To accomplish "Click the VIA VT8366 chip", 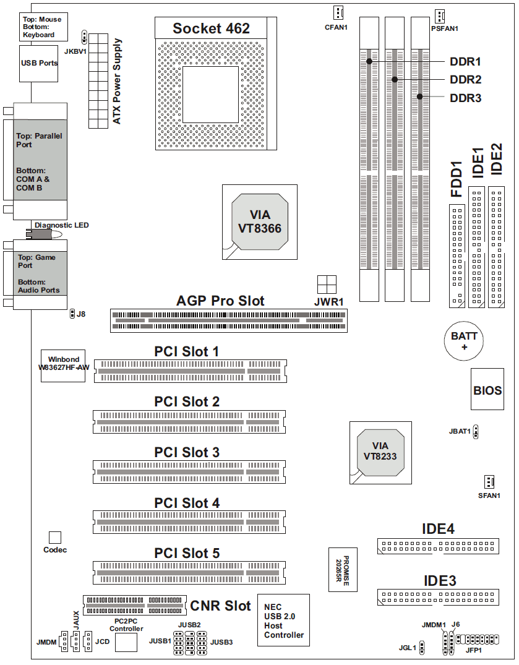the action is coord(260,222).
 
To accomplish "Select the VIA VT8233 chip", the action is coord(380,453).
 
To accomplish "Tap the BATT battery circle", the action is coord(464,341).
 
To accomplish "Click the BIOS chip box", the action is coord(487,389).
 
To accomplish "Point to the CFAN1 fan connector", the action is coord(338,13).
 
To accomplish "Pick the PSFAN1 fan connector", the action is coord(440,16).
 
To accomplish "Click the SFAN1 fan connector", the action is coord(489,482).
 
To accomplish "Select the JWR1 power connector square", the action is coord(327,285).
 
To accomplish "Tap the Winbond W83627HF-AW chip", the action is coord(63,366).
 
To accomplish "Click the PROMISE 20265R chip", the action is coord(343,570).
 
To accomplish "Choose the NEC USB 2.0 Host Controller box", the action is coord(284,620).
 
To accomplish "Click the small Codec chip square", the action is coord(54,538).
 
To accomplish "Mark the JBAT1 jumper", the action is coord(476,432).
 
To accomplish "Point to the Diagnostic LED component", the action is coord(44,234).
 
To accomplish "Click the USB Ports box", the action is coord(38,64).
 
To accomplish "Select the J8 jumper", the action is coord(72,314).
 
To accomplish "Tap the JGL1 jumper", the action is coord(422,647).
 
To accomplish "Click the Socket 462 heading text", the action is coord(211,28).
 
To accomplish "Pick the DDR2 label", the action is coord(466,80).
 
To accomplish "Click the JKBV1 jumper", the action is coord(84,37).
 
